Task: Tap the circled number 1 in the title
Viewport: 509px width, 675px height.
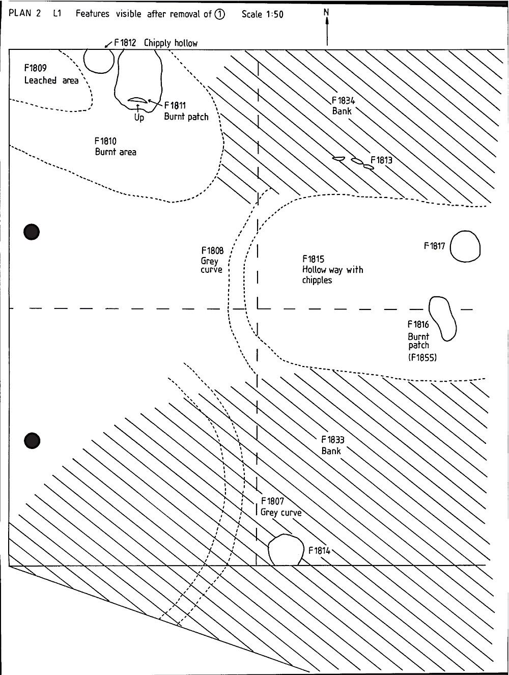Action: pos(219,14)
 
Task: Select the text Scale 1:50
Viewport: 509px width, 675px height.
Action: pos(262,14)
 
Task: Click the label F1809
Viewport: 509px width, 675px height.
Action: pos(35,68)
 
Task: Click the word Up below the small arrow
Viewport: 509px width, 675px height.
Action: pos(139,118)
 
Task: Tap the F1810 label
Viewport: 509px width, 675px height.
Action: pos(105,141)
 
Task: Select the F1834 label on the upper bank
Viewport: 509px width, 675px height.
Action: pos(344,101)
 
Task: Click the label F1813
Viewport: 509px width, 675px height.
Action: pos(381,160)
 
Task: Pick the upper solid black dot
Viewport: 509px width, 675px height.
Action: pos(32,232)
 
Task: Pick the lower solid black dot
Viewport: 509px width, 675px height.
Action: pos(32,441)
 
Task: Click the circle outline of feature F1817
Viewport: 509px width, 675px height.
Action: pos(450,246)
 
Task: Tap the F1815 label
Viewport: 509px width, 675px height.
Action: pos(313,259)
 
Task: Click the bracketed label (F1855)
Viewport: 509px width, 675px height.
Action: pos(422,357)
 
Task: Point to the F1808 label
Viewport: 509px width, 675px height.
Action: pos(212,250)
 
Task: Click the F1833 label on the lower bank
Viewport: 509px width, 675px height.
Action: pos(332,440)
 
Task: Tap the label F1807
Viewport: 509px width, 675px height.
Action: pos(272,501)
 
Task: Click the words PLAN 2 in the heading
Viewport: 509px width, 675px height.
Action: pos(24,13)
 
